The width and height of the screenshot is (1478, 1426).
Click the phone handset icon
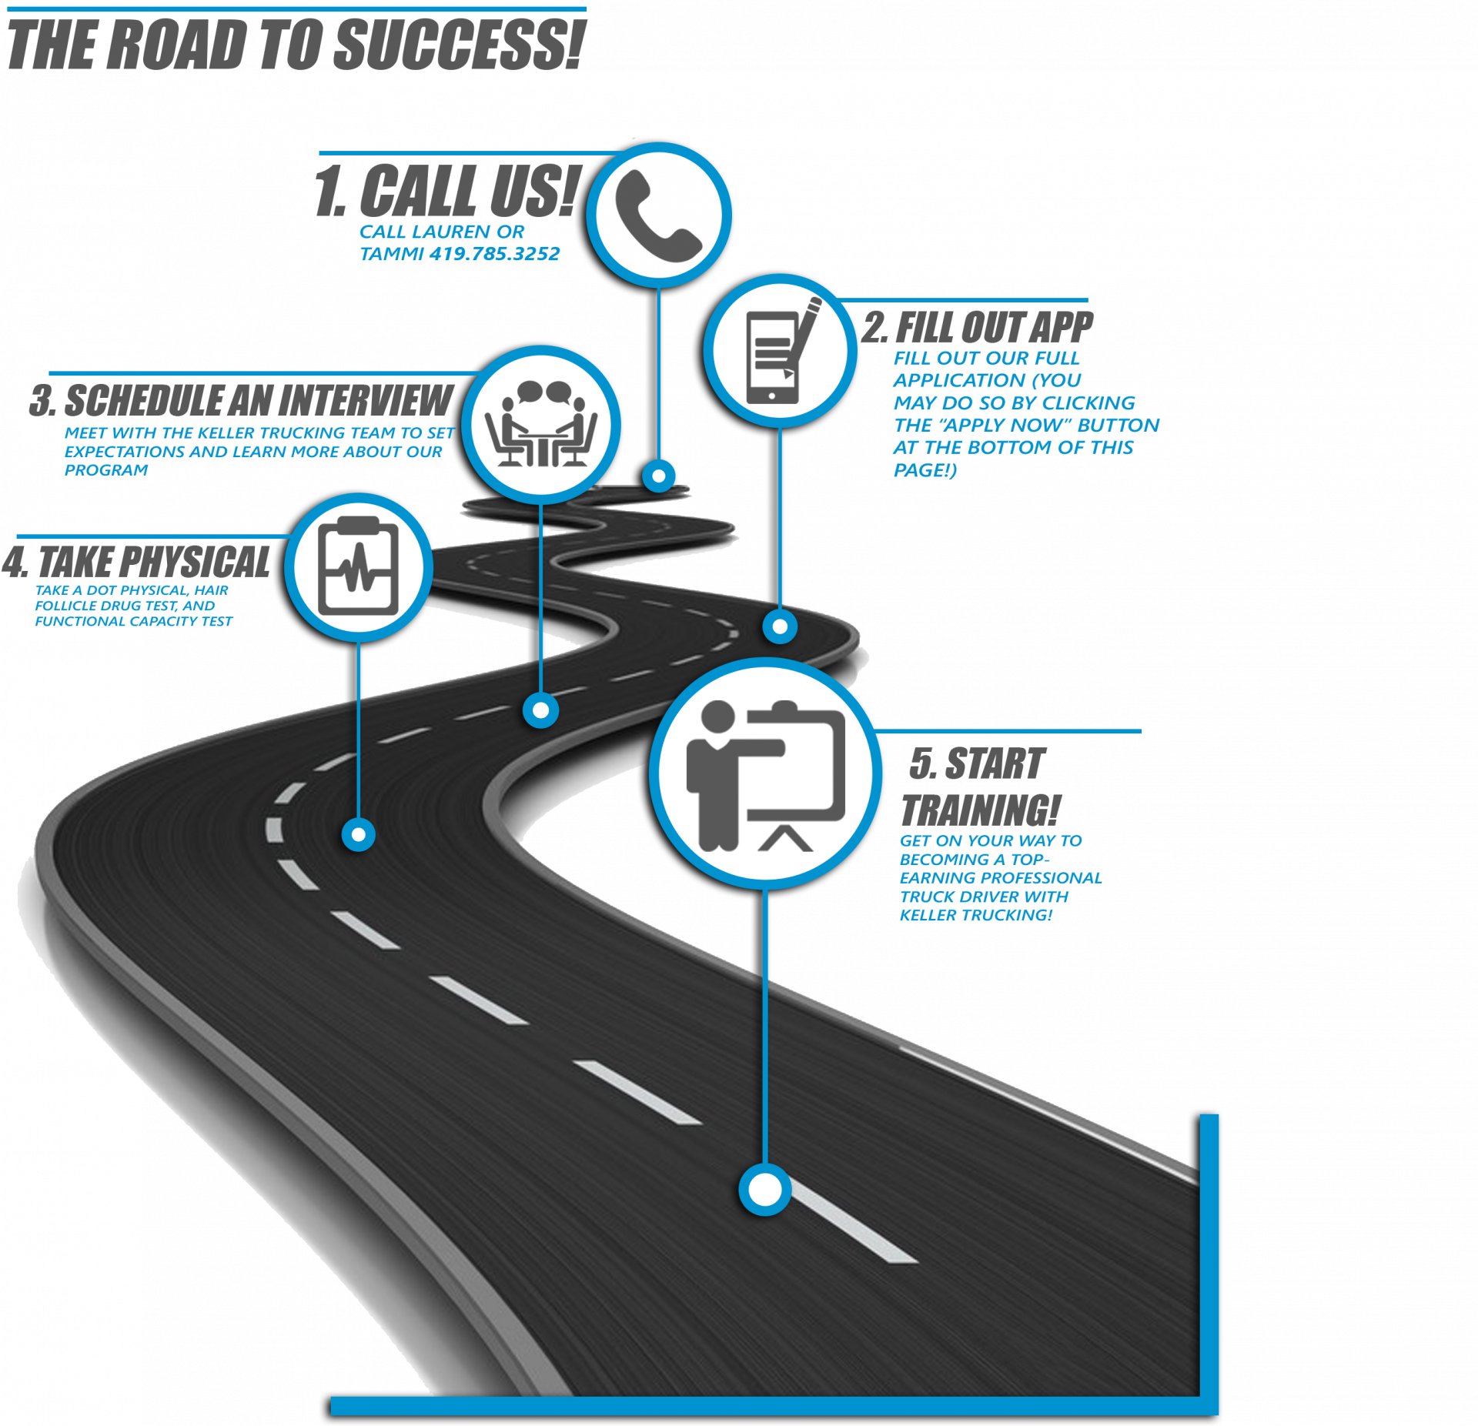pos(658,215)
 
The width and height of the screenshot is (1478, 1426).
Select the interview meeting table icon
pos(541,425)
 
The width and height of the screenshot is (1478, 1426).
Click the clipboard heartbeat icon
pos(359,567)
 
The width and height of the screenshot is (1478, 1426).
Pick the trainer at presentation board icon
pos(764,773)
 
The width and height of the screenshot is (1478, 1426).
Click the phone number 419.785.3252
pos(494,254)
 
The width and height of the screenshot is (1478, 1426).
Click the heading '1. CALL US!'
pos(446,190)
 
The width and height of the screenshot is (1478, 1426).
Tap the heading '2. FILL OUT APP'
pos(978,327)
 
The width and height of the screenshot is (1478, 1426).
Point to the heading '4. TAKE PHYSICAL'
pos(137,562)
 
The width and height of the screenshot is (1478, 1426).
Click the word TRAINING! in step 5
pos(981,810)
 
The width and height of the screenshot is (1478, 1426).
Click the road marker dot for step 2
pos(780,627)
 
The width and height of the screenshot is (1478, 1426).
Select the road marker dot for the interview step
pos(541,710)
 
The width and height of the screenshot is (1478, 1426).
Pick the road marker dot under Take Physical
pos(359,834)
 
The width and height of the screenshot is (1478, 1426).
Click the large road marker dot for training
pos(764,1190)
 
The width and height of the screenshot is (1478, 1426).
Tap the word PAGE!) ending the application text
pos(925,469)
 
